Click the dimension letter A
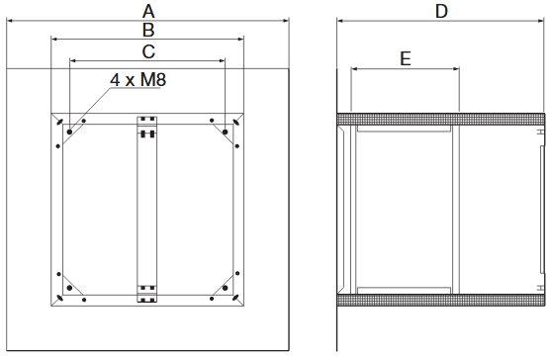click(x=147, y=10)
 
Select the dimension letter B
click(x=147, y=30)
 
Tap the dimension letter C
click(x=147, y=50)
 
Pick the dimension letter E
click(x=406, y=58)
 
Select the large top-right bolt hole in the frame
click(x=227, y=130)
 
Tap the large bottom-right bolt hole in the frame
click(x=227, y=294)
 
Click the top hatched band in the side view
click(x=440, y=120)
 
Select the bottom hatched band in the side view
click(x=440, y=299)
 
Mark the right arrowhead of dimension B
click(x=240, y=40)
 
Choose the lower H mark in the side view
click(x=539, y=287)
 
